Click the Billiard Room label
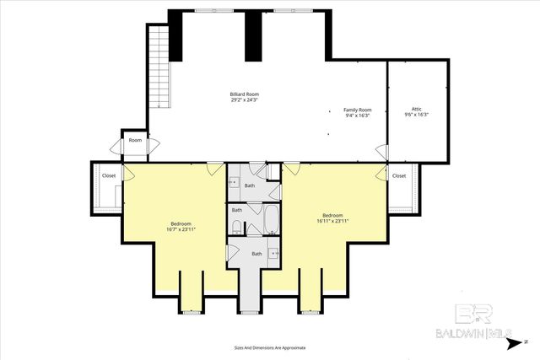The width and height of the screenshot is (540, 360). pyautogui.click(x=244, y=94)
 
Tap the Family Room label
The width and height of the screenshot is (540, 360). pyautogui.click(x=357, y=110)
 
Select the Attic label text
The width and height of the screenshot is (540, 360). pyautogui.click(x=416, y=109)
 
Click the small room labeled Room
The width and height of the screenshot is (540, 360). pyautogui.click(x=135, y=140)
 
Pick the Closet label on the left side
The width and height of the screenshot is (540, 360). pyautogui.click(x=109, y=175)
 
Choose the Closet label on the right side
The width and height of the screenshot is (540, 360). pyautogui.click(x=399, y=175)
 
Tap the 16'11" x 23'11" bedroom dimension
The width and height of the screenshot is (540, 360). pyautogui.click(x=333, y=221)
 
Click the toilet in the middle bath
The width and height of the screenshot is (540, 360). pyautogui.click(x=238, y=226)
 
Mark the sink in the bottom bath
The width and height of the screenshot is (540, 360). pyautogui.click(x=274, y=253)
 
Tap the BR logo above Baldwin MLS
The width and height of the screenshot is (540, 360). pyautogui.click(x=472, y=314)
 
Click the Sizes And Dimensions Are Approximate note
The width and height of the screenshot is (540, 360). pyautogui.click(x=269, y=347)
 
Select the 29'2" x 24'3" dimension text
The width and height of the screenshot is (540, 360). pyautogui.click(x=244, y=99)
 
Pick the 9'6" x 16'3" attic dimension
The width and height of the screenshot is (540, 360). pyautogui.click(x=416, y=115)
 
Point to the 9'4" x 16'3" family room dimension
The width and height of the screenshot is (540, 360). pyautogui.click(x=357, y=116)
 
